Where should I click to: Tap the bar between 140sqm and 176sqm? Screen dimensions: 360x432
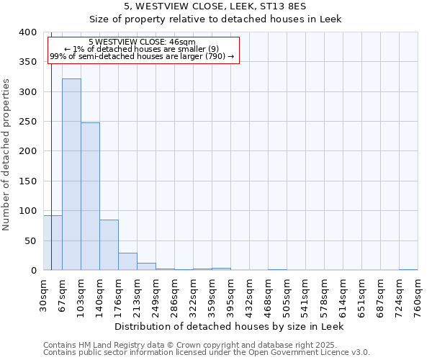click(109, 245)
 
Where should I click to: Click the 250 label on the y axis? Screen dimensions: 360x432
click(28, 122)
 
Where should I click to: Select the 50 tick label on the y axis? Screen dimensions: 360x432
click(31, 240)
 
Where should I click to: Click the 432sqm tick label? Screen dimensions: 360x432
click(249, 295)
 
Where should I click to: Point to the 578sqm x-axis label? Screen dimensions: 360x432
click(324, 295)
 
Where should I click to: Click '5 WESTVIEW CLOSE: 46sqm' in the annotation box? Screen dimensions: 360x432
click(142, 42)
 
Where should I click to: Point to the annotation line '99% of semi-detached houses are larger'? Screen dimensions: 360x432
click(142, 56)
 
